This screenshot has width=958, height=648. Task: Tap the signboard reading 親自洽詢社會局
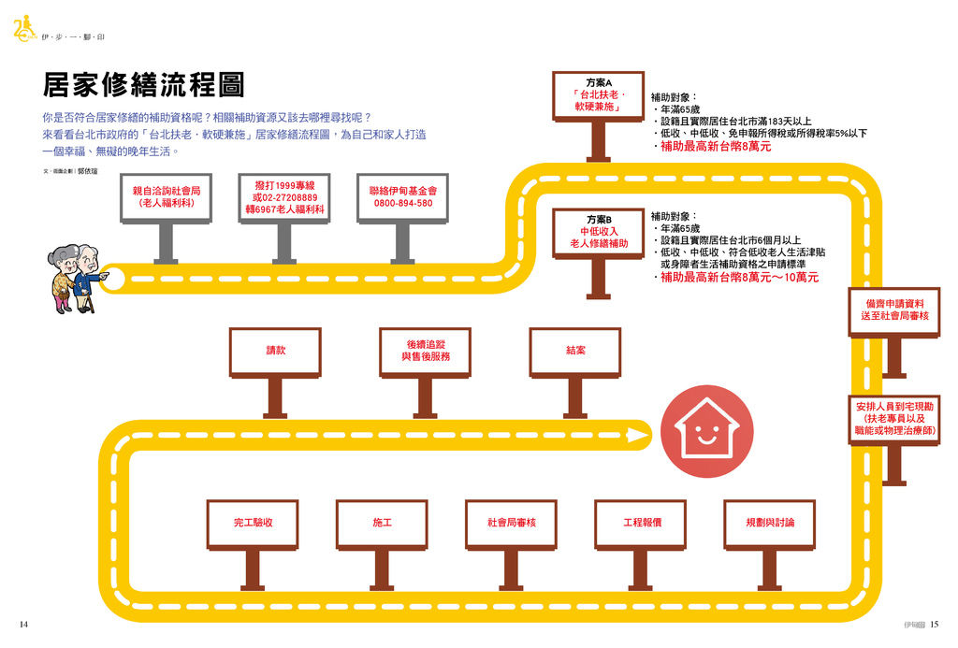tap(166, 196)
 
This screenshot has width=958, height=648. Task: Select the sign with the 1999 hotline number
tap(284, 197)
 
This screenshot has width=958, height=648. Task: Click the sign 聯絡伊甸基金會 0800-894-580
tap(403, 196)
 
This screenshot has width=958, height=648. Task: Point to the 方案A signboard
tap(598, 95)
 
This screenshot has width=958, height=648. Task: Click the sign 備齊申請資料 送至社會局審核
tap(893, 310)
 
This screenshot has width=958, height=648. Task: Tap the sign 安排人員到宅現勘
tap(893, 420)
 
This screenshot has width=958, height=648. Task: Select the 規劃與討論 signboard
tap(769, 524)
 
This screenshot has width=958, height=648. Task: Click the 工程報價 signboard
tap(641, 524)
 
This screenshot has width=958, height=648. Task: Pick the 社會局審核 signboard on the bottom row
tap(511, 524)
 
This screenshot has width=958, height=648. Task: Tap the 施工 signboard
tap(382, 524)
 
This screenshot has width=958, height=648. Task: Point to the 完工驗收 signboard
tap(253, 524)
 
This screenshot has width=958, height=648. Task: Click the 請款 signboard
tap(275, 352)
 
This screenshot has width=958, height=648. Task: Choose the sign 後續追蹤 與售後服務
tap(425, 352)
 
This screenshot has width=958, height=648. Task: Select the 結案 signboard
tap(575, 352)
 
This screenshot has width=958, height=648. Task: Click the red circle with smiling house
tap(706, 433)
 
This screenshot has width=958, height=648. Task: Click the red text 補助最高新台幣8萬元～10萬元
tap(739, 278)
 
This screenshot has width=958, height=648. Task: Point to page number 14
tap(23, 625)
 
